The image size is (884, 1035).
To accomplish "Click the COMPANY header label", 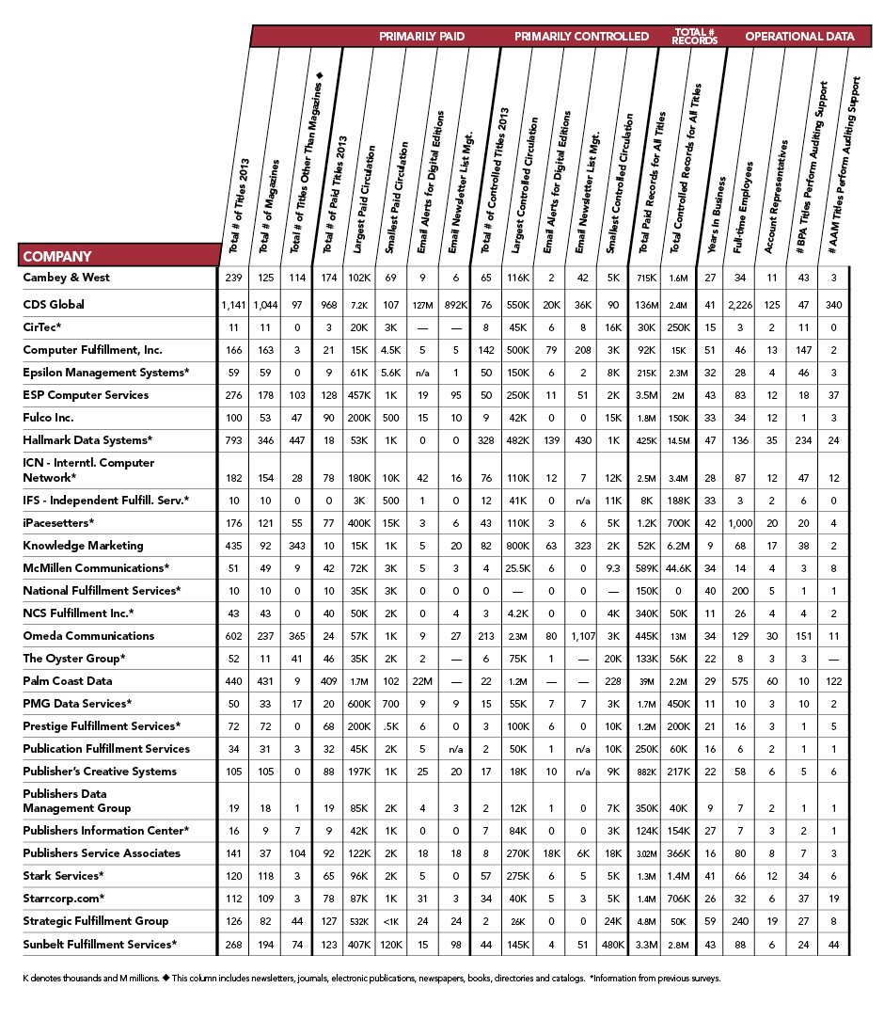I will (57, 256).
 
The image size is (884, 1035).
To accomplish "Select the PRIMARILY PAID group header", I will (421, 37).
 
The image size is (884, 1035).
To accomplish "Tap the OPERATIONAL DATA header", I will (799, 37).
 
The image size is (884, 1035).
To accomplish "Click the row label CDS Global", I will (54, 304).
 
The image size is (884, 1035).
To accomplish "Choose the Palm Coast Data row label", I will (68, 680).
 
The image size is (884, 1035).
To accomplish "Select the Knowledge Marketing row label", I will (83, 545).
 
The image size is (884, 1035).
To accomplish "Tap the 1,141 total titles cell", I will (233, 304).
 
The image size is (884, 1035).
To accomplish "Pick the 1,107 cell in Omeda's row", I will (582, 635).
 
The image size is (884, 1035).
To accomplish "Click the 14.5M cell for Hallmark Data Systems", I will (676, 439).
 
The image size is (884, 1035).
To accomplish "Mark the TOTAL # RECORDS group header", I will (695, 37).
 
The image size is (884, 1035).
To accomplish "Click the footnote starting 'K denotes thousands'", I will (371, 978).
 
